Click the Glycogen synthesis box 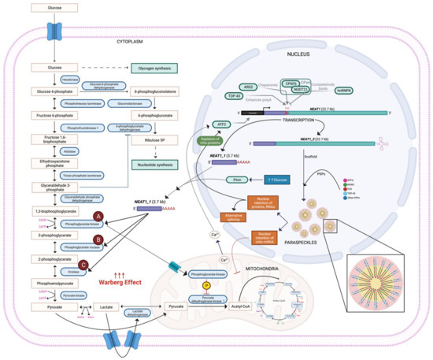tap(153, 69)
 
